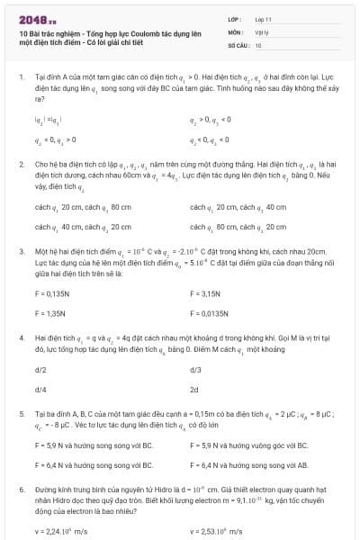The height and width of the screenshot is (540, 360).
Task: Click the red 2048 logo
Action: pyautogui.click(x=32, y=17)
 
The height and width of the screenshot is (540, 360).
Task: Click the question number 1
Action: pyautogui.click(x=21, y=79)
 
